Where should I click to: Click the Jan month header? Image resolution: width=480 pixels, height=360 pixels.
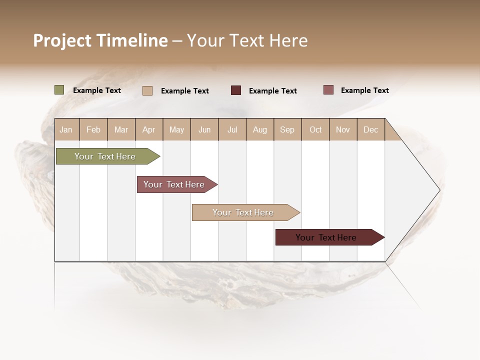66,129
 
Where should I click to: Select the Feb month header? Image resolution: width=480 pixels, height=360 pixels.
93,129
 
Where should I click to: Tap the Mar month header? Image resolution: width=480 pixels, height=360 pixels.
121,129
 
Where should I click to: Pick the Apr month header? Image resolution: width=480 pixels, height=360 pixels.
148,129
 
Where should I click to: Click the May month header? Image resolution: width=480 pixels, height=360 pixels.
176,129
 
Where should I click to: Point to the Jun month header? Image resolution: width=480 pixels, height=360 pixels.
204,129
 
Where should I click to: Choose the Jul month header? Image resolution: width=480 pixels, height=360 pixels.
232,129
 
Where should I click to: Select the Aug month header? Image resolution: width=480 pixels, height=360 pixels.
259,129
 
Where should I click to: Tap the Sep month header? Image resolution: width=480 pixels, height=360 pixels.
287,129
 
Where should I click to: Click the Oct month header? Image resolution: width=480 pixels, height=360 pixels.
315,129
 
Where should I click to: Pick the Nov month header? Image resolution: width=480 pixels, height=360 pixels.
343,129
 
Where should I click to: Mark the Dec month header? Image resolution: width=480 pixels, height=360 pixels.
370,129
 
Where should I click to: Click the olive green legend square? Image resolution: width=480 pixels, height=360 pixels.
59,90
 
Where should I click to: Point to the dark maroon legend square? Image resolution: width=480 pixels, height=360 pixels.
236,90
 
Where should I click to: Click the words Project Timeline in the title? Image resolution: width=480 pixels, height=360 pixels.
100,40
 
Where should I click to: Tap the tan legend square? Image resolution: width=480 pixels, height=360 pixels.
147,90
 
